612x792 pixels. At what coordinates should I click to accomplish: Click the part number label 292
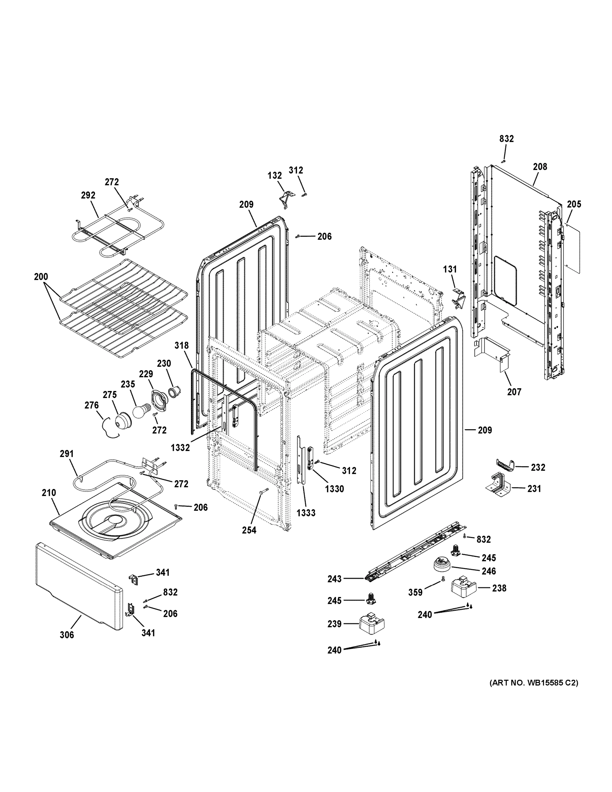pyautogui.click(x=88, y=195)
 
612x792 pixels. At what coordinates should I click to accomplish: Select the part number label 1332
pyautogui.click(x=180, y=447)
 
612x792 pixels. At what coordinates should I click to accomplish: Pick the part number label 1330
pyautogui.click(x=334, y=489)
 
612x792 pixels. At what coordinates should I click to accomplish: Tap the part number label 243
pyautogui.click(x=334, y=579)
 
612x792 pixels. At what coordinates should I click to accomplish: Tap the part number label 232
pyautogui.click(x=538, y=467)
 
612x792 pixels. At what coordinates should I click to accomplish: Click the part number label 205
pyautogui.click(x=574, y=204)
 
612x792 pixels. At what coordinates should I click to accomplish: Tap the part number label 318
pyautogui.click(x=181, y=345)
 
